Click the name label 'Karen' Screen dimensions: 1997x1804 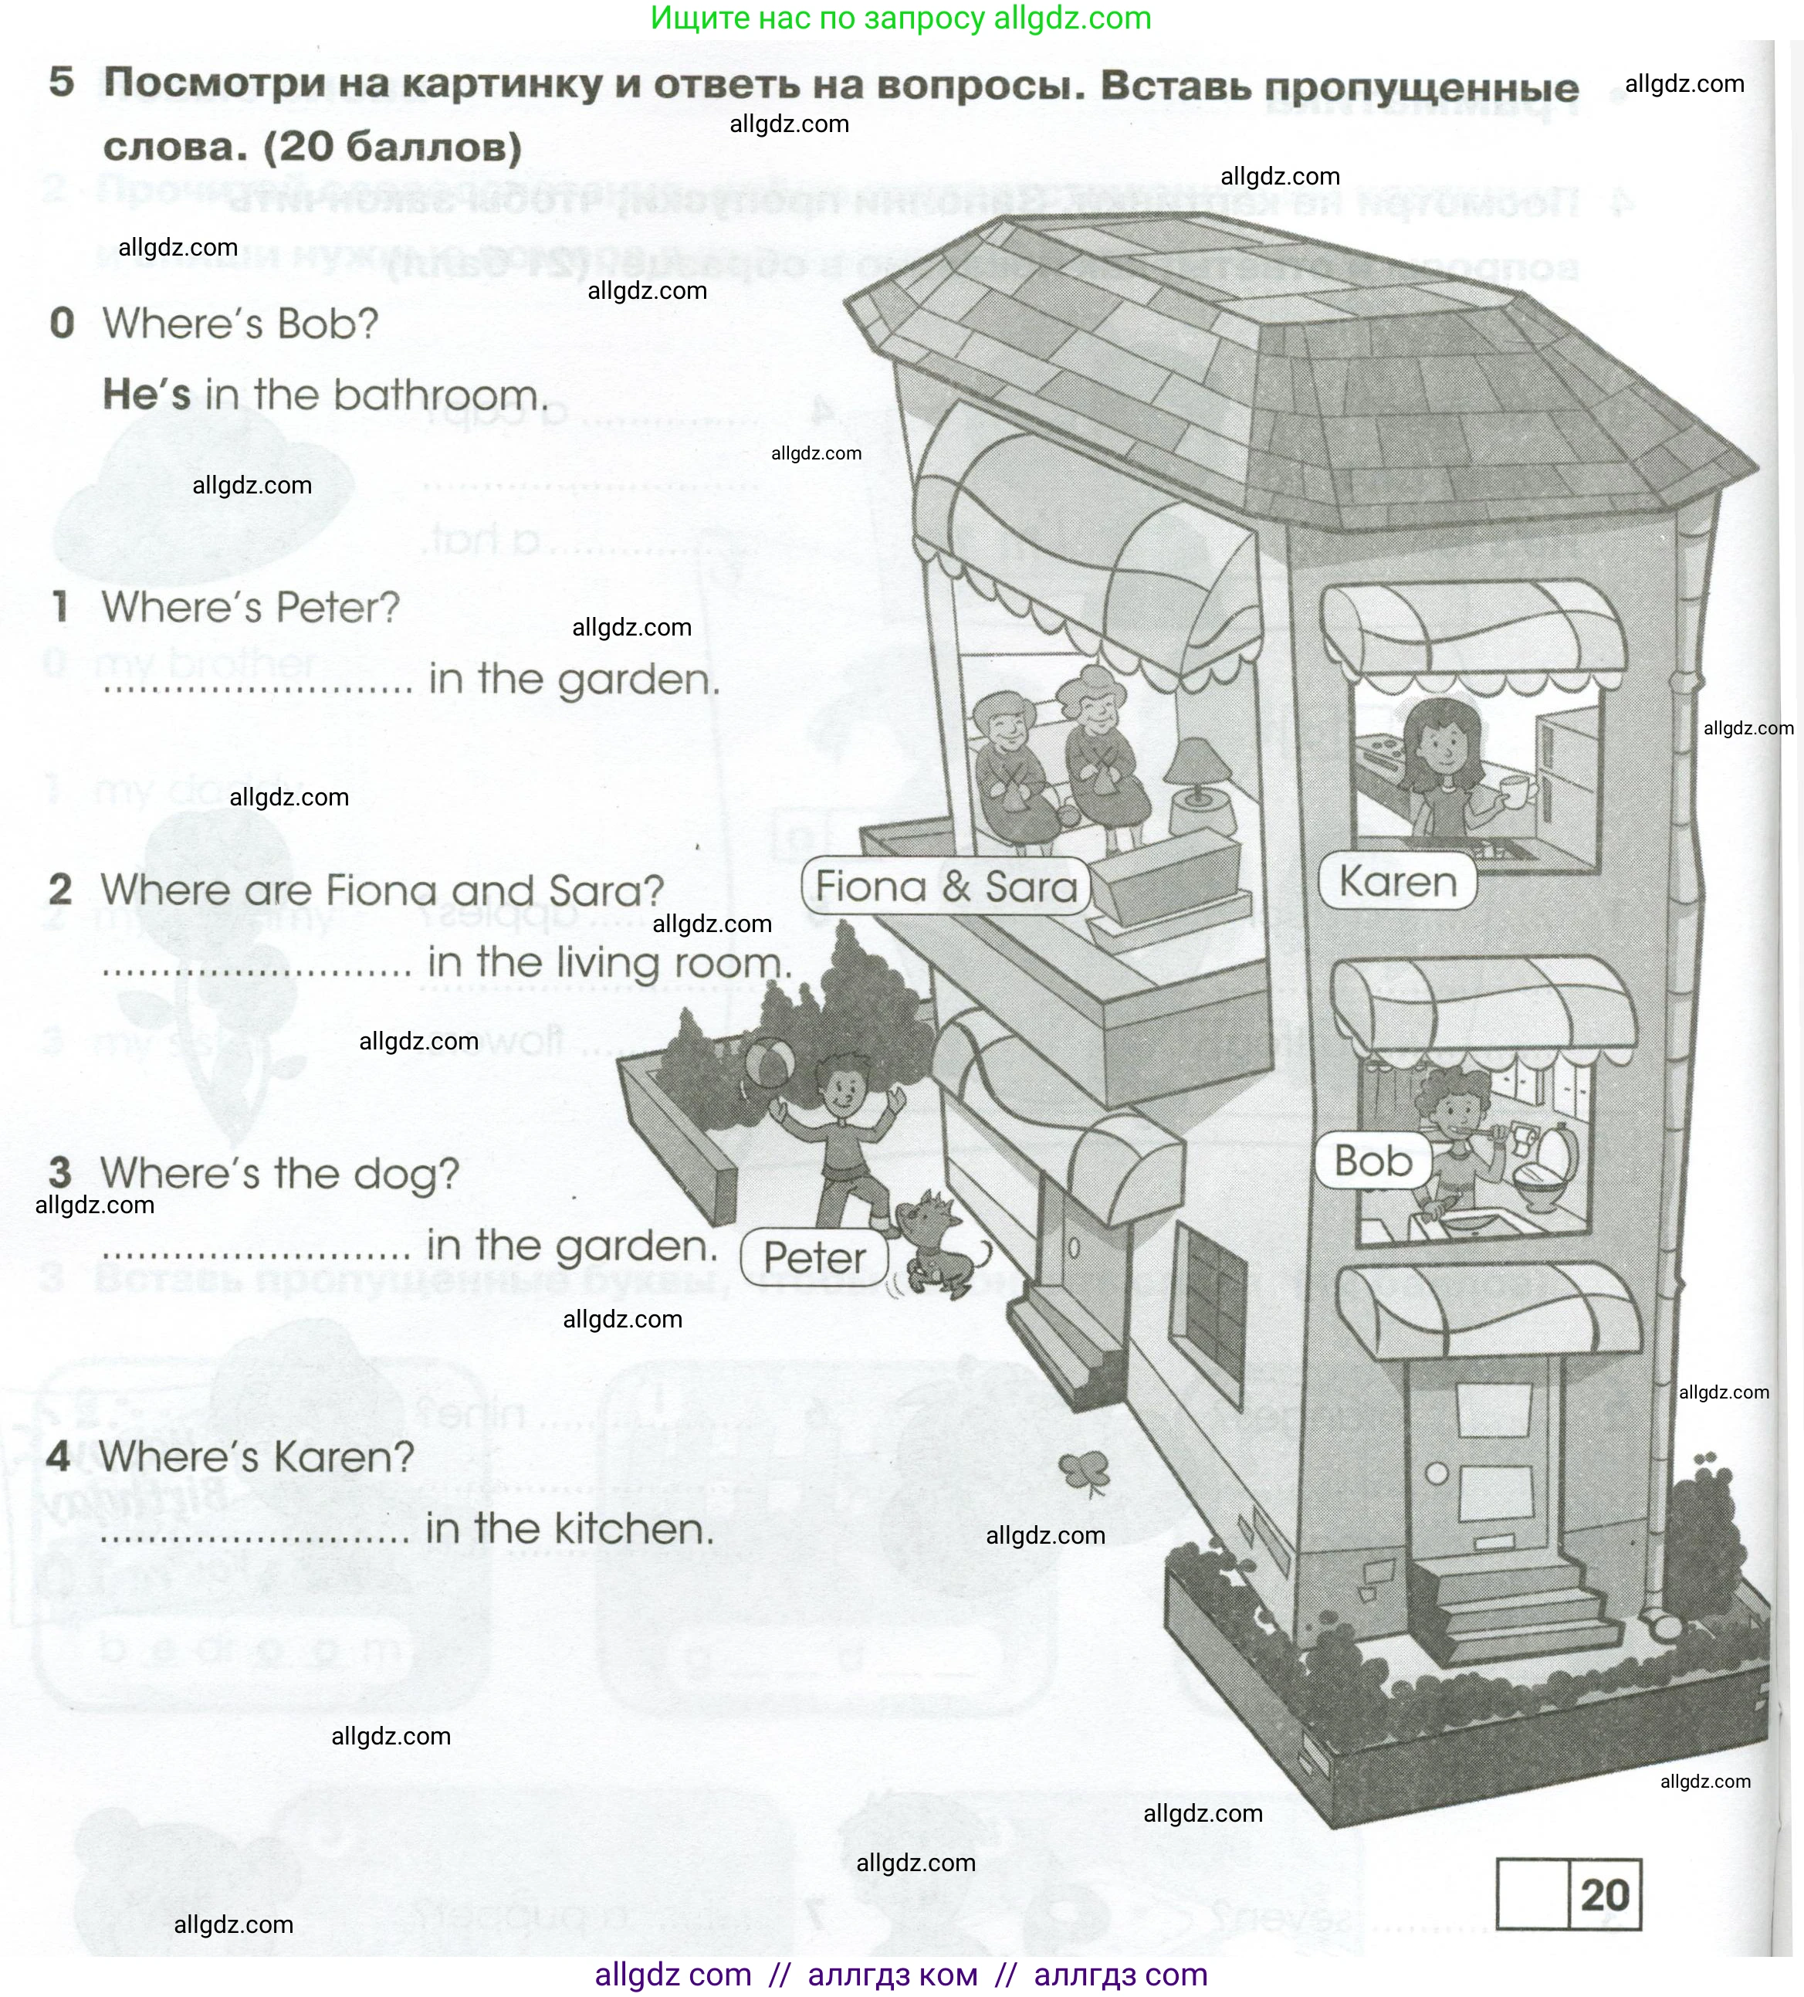1397,880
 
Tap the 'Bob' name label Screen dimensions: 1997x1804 1372,1161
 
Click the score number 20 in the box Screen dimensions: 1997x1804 1604,1894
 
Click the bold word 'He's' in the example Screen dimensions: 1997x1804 147,395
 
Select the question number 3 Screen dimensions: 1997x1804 60,1173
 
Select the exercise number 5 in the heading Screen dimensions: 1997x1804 62,82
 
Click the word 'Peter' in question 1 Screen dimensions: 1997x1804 337,607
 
